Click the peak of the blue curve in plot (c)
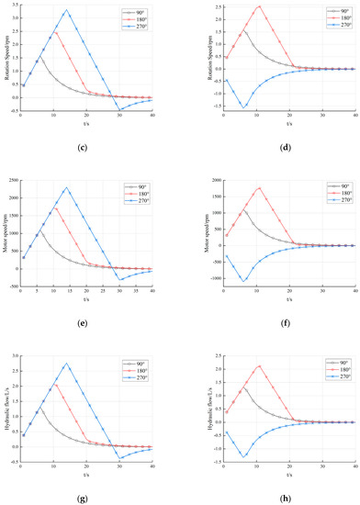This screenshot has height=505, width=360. point(66,11)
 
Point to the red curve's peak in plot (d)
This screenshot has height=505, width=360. point(259,6)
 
